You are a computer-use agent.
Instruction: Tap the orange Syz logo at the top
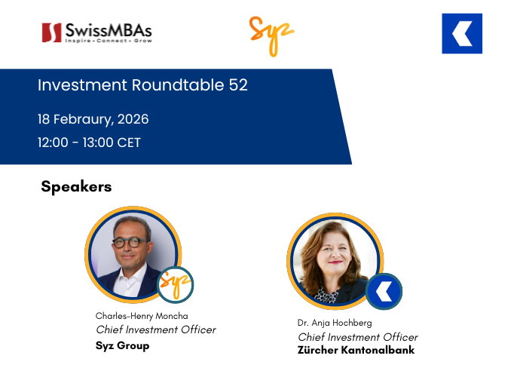271,35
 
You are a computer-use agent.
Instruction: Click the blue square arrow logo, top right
462,34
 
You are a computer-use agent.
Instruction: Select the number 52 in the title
237,86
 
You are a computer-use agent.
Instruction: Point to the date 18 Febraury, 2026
93,120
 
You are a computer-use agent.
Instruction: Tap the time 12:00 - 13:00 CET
89,143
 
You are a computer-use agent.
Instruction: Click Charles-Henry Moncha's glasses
130,243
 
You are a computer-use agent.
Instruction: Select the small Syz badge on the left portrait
176,285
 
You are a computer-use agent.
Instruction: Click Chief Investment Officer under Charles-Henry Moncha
156,329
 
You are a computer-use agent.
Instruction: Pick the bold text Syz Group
123,345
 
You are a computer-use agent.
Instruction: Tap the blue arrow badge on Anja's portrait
384,292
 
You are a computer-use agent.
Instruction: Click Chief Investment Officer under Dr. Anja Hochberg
358,337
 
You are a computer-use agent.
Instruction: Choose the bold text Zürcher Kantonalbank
356,351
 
